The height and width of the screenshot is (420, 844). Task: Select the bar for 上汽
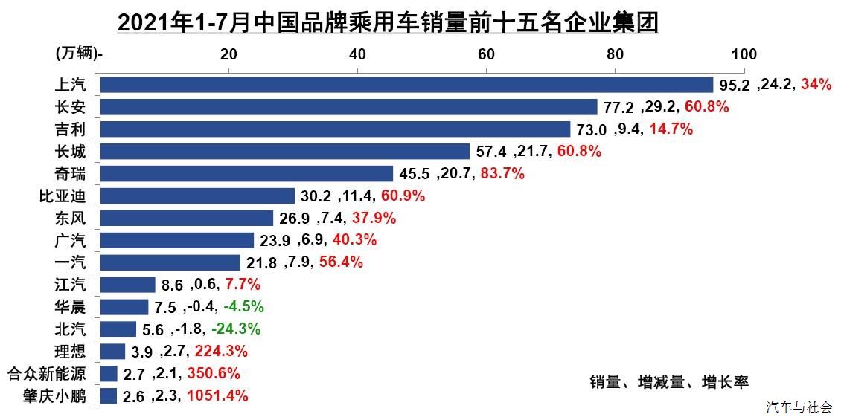[406, 84]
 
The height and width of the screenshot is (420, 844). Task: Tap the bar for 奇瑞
[246, 173]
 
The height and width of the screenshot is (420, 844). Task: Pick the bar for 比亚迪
[197, 196]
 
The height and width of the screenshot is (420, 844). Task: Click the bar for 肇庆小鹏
[109, 395]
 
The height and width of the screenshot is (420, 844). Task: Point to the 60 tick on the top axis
[486, 54]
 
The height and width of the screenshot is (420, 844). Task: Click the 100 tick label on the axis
[744, 54]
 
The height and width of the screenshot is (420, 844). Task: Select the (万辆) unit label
[77, 54]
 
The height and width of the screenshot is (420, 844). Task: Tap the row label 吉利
[71, 129]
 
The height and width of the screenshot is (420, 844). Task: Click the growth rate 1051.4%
[217, 396]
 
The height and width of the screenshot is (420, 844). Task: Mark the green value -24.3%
[236, 329]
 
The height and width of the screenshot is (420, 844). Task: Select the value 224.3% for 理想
[221, 352]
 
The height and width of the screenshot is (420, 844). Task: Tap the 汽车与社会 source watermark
[799, 407]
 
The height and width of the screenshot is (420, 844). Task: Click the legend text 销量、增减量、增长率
[668, 382]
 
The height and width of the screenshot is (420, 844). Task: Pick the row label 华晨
[71, 307]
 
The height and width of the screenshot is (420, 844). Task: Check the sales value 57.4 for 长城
[491, 152]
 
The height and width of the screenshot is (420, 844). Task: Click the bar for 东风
[186, 218]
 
